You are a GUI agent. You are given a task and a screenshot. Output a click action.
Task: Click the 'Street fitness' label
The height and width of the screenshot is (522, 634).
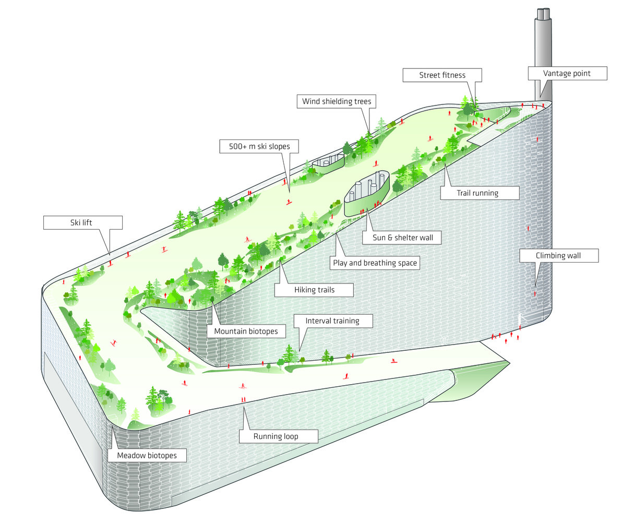pos(442,75)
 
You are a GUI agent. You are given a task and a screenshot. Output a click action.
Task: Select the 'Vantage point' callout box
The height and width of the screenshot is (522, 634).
pos(567,73)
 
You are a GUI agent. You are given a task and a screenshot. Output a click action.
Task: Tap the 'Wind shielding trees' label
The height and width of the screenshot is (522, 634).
pos(337,101)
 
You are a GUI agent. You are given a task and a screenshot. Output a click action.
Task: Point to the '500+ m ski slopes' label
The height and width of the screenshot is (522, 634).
pos(259,146)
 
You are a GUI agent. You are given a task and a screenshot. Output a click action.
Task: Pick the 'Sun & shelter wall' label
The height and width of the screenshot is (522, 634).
pos(403,238)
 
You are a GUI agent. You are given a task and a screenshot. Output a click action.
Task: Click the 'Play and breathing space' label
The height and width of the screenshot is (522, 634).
pos(375,263)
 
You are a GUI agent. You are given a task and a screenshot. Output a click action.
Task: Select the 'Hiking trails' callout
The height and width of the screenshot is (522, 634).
pos(314,290)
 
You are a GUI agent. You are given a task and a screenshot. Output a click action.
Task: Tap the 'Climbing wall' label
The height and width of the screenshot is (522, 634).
pos(558,255)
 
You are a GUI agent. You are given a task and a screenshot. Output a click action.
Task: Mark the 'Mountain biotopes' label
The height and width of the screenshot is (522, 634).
pos(246,331)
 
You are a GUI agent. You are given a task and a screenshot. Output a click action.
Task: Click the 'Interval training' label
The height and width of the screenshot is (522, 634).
pos(332,321)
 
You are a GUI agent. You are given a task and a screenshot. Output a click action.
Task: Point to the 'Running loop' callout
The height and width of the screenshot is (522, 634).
pos(278,436)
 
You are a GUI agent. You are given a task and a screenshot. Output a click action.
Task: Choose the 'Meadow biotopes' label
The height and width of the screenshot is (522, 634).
pos(147,455)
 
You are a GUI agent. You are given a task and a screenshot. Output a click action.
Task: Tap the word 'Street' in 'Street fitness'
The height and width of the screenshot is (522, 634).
pos(430,75)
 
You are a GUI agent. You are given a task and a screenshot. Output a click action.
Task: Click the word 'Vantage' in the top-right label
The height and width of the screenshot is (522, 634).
pos(557,73)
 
